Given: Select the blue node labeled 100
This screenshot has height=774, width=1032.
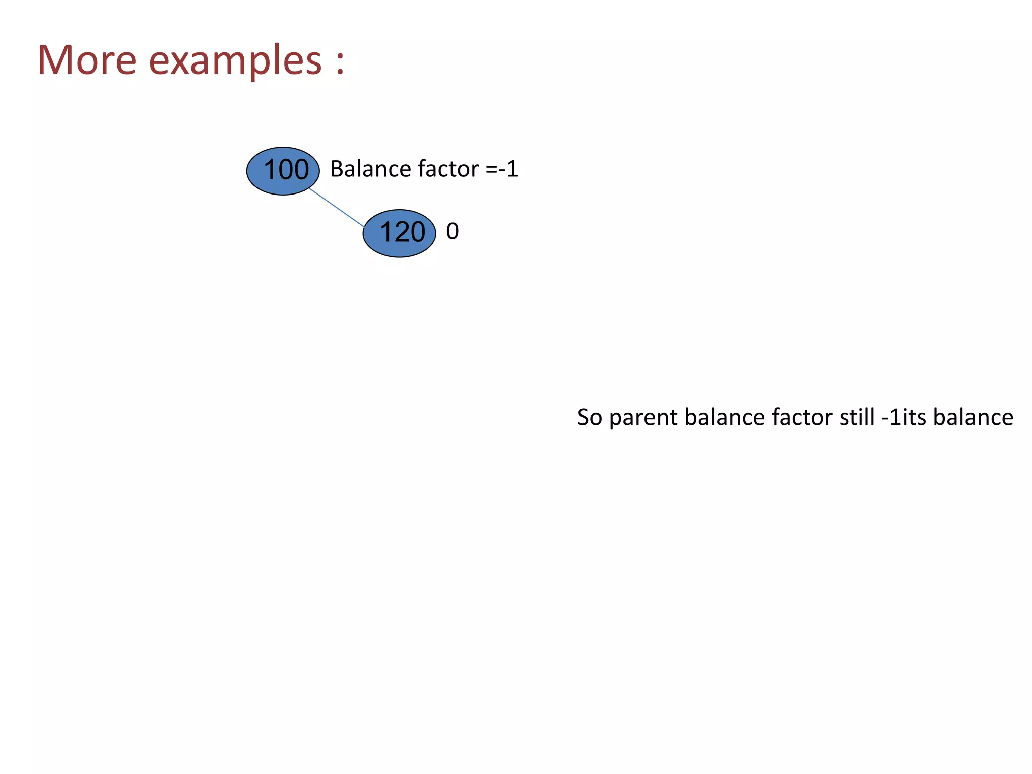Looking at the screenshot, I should pos(283,171).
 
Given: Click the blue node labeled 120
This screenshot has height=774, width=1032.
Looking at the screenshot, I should pos(399,233).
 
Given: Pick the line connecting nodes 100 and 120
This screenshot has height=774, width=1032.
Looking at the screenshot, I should pos(337,208).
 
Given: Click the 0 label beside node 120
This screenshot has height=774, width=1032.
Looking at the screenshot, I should pos(452,231).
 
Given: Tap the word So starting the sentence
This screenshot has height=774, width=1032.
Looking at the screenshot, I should pos(590,417).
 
